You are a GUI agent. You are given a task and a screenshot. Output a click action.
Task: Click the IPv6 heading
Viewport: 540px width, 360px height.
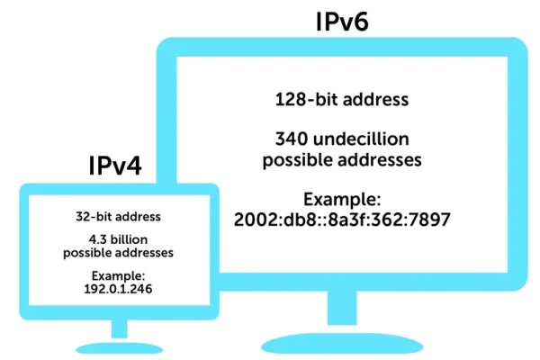[x=342, y=22]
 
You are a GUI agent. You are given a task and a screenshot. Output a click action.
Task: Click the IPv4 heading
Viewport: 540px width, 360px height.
[x=115, y=166]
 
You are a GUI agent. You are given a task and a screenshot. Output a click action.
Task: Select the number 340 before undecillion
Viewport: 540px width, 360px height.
[x=292, y=139]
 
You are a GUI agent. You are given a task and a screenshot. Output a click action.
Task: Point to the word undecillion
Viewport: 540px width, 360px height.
[x=361, y=139]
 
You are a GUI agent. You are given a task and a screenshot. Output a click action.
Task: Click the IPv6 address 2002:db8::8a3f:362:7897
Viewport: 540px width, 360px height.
[x=342, y=220]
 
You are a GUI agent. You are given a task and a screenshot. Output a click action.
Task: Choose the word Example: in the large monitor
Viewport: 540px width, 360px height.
[x=342, y=200]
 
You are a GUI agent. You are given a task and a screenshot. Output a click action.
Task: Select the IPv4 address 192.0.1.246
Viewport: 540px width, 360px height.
[x=118, y=289]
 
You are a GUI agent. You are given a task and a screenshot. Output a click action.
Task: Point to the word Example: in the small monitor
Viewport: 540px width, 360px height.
[x=118, y=276]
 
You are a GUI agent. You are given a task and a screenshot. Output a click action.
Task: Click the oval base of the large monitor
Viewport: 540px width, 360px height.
[x=342, y=343]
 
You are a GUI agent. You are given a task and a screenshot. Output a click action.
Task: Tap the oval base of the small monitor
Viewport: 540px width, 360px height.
[x=119, y=348]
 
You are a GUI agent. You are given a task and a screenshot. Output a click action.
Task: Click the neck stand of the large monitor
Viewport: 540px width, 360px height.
[x=342, y=308]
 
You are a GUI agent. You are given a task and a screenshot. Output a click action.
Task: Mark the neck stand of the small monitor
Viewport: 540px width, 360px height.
[x=119, y=328]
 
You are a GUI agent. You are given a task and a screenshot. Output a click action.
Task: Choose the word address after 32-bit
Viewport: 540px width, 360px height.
[x=139, y=217]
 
